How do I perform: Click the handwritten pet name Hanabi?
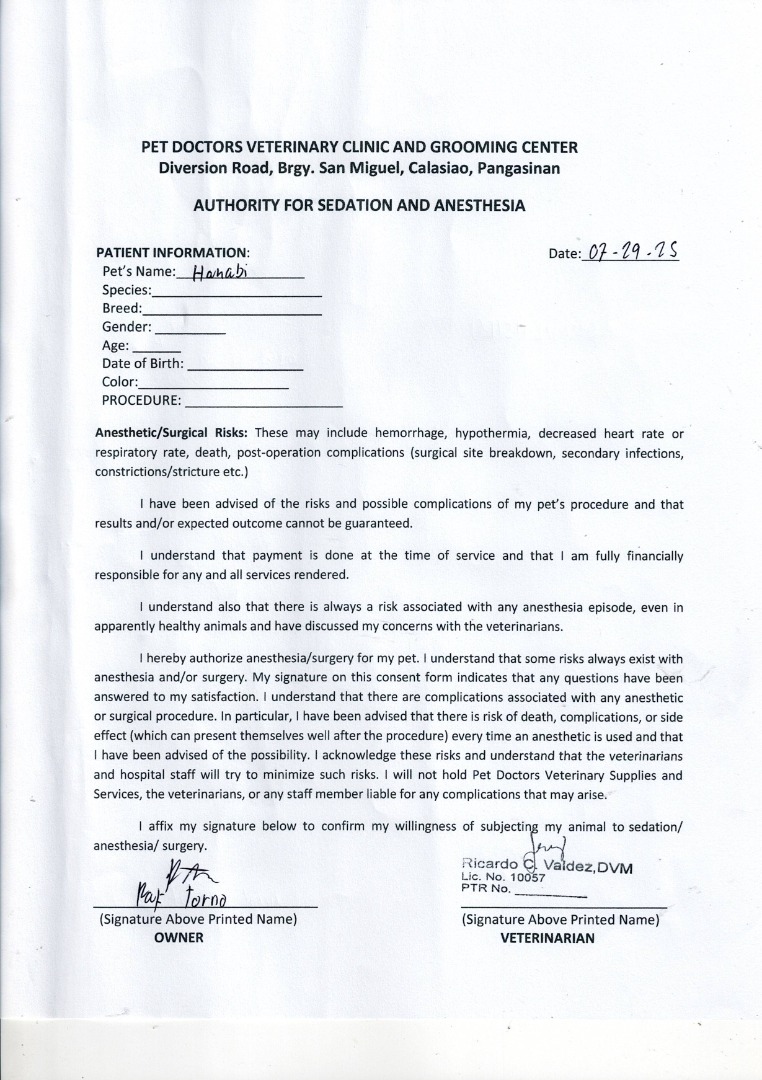click(212, 272)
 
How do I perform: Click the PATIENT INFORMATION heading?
click(170, 253)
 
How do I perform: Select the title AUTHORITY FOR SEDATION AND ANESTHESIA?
click(359, 205)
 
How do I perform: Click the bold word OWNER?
click(179, 938)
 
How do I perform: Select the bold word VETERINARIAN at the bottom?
click(547, 938)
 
